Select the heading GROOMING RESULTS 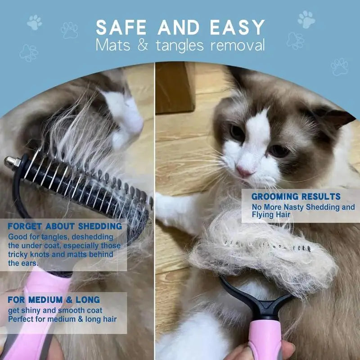[296, 197]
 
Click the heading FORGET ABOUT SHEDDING [65, 226]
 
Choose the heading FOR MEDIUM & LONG [54, 300]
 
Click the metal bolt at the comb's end [10, 161]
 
